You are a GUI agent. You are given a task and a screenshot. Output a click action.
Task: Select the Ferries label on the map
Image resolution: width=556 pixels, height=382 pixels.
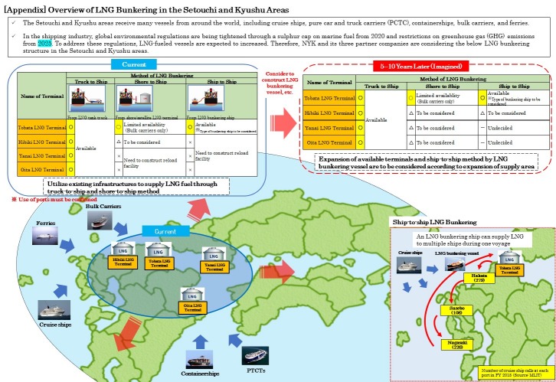coord(45,224)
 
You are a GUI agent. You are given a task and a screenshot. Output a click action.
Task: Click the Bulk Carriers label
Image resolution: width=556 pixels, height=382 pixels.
coord(103,207)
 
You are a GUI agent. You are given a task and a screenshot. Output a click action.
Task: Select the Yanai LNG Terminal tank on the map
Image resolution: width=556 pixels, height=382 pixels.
coord(215,259)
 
